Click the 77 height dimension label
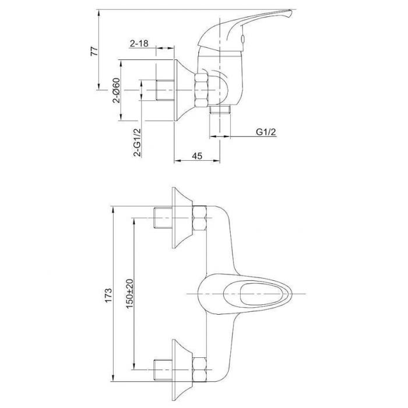click(x=94, y=51)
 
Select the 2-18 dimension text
click(x=139, y=43)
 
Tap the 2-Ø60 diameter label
click(x=117, y=90)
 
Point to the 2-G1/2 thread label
click(x=137, y=142)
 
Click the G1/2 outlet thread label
click(x=266, y=132)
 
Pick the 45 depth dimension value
click(x=197, y=156)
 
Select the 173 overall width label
click(x=108, y=295)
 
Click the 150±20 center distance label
click(x=129, y=294)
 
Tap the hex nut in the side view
click(x=202, y=90)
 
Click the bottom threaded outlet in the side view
click(x=220, y=110)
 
